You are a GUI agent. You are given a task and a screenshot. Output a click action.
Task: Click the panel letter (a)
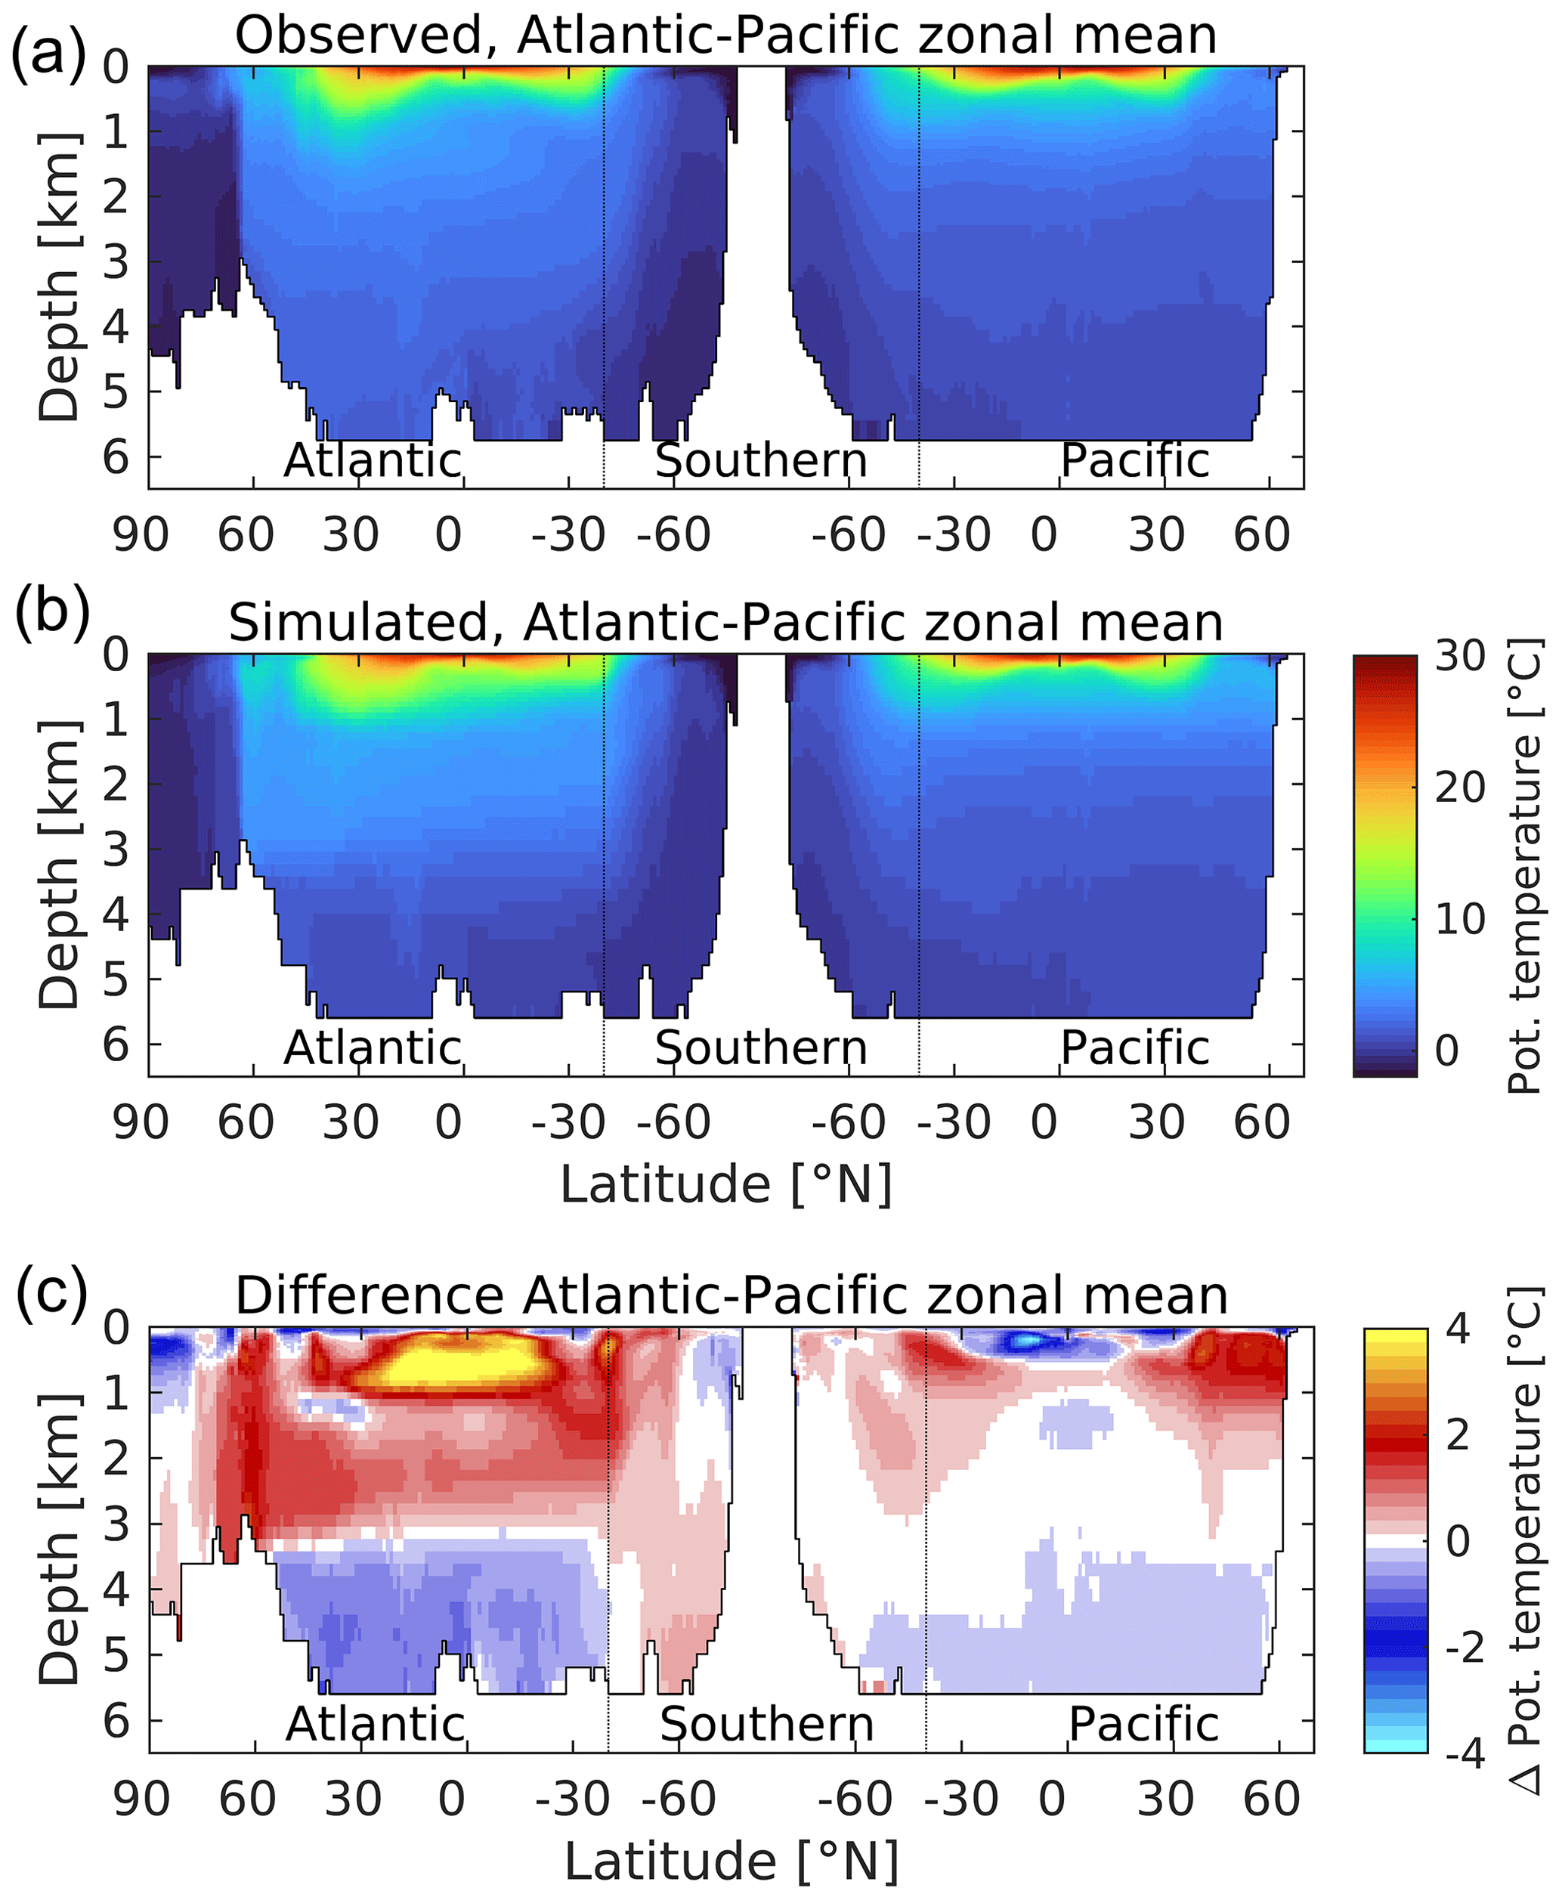tap(47, 52)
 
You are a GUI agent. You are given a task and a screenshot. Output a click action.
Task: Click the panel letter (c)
tap(51, 1292)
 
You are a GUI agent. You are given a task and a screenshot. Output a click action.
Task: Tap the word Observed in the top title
tap(367, 36)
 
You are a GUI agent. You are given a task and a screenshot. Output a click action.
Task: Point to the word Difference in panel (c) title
tap(369, 1295)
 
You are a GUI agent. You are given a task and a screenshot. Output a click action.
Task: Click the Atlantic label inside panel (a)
tap(373, 460)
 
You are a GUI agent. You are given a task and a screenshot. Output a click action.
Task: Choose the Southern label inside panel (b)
tap(761, 1048)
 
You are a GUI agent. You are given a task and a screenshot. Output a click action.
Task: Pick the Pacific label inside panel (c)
tap(1143, 1724)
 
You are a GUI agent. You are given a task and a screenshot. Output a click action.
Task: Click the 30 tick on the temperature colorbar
tap(1459, 657)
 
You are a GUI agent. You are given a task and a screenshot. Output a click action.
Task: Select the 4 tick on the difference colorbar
tap(1457, 1329)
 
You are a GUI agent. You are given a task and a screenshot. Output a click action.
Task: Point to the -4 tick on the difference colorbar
tap(1464, 1753)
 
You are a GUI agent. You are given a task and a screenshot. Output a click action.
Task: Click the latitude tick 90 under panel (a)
tap(141, 535)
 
